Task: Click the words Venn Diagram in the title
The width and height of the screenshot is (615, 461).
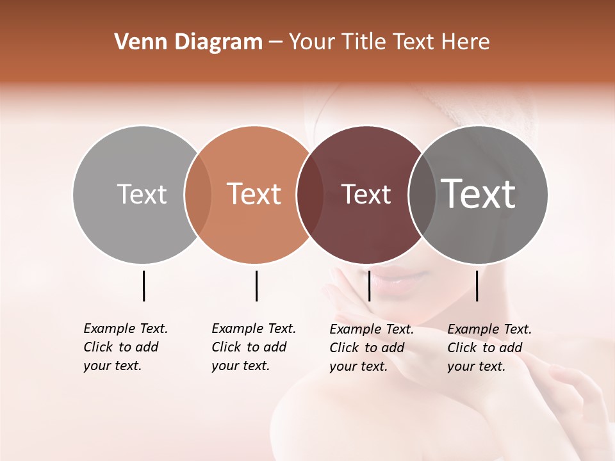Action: coord(188,42)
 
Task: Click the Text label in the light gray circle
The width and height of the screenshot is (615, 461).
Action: coord(142,194)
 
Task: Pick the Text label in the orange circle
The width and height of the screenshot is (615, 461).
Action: coord(254,194)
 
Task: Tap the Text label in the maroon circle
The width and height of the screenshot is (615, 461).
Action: coord(366,195)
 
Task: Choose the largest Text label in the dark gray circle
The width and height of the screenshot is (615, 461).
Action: coord(479,194)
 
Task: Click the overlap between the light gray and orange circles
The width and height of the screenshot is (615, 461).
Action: coord(198,195)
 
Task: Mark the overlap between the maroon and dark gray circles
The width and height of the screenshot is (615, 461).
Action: coord(422,195)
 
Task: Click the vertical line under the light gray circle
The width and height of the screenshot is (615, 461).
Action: coord(143,286)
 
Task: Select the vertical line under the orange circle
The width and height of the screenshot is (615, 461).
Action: coord(256,286)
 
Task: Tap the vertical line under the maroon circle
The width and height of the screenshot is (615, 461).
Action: coord(369,286)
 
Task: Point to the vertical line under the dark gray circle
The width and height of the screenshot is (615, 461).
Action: coord(477,286)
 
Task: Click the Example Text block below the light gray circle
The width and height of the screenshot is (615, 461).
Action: coord(126,347)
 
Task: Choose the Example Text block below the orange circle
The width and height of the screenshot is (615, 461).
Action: coord(254,347)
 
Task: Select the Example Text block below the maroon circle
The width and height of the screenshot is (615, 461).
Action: coord(372,348)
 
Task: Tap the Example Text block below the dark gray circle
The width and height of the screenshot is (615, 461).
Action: coord(489,348)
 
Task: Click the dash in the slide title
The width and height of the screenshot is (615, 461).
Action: coord(275,42)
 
